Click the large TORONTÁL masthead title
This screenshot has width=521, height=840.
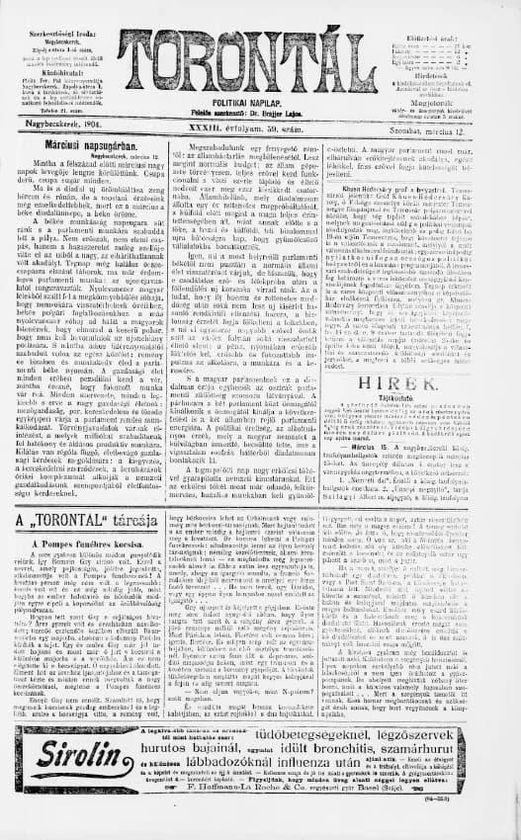(x=259, y=52)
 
